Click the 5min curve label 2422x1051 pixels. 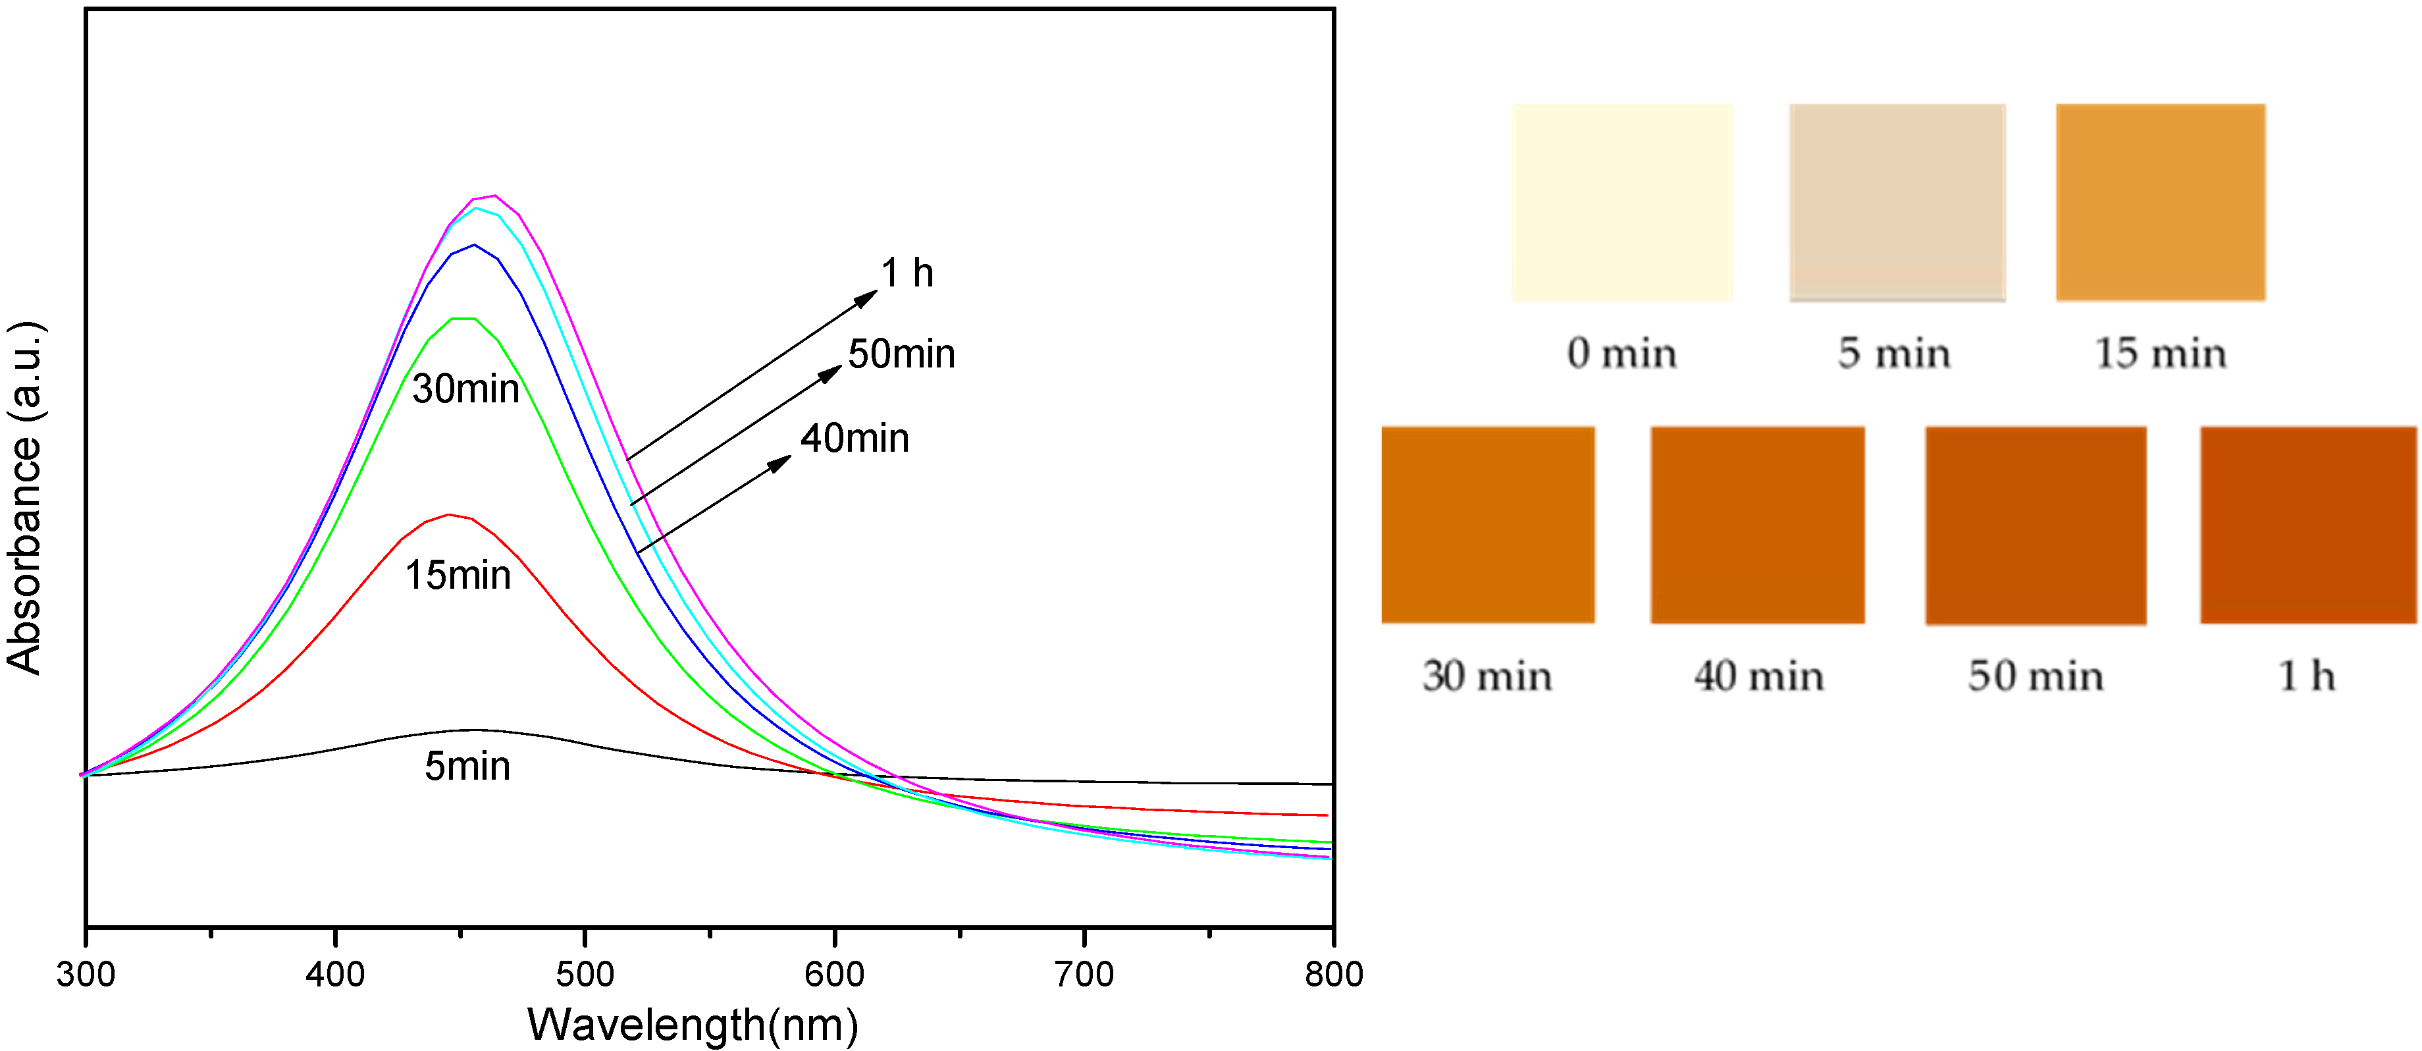click(467, 766)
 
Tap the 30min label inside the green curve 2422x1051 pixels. click(465, 389)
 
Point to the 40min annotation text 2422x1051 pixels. click(855, 438)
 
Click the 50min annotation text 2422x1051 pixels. click(901, 354)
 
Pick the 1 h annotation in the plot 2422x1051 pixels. click(907, 273)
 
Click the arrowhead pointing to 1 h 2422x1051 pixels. click(867, 297)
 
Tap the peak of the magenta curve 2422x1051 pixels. click(494, 196)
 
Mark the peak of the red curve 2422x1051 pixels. click(450, 514)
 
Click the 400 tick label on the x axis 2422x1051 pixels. click(334, 974)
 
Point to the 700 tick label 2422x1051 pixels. click(1084, 974)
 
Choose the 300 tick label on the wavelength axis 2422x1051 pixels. click(86, 974)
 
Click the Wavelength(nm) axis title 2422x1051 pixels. click(693, 1024)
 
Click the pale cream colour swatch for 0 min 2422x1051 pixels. click(1622, 202)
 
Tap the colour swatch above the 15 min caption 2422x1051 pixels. click(2160, 202)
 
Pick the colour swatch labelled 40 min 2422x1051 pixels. click(1757, 525)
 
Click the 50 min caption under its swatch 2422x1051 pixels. click(2036, 676)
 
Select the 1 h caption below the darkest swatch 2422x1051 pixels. click(2306, 676)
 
